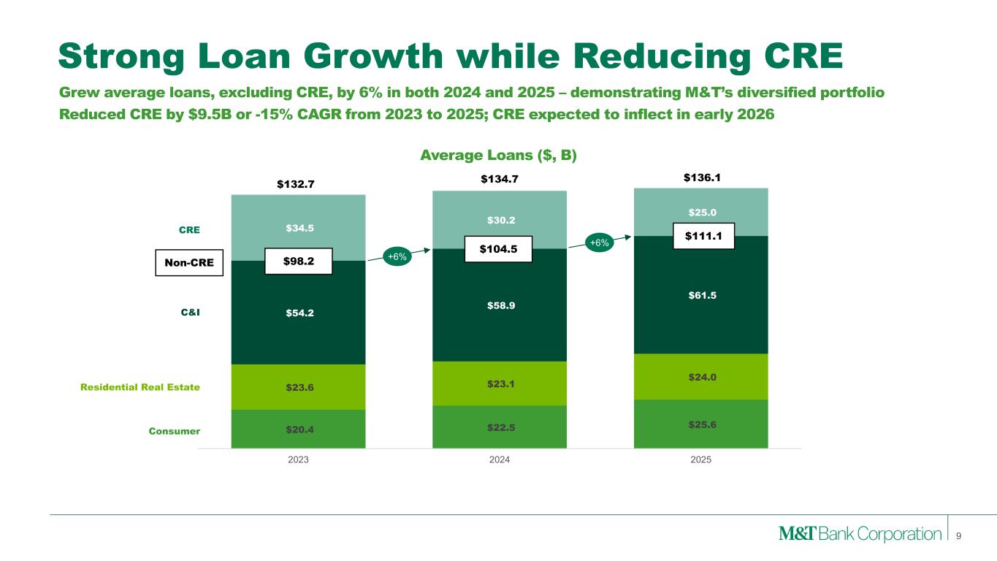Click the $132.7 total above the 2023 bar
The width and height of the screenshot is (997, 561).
pyautogui.click(x=296, y=184)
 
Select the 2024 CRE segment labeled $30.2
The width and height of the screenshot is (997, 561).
pyautogui.click(x=500, y=219)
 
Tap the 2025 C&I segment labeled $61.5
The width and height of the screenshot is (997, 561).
pyautogui.click(x=701, y=295)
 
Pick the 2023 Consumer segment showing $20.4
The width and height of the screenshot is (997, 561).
pyautogui.click(x=298, y=429)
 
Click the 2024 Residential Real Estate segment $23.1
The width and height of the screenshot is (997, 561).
pyautogui.click(x=500, y=383)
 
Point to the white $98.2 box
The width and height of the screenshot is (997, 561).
pyautogui.click(x=299, y=261)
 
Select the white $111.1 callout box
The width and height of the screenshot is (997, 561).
pyautogui.click(x=703, y=236)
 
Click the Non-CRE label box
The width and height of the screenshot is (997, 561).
pyautogui.click(x=189, y=263)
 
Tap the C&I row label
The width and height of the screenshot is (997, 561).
pyautogui.click(x=190, y=312)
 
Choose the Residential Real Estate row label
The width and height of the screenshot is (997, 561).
pyautogui.click(x=140, y=387)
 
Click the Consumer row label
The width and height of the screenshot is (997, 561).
pyautogui.click(x=175, y=431)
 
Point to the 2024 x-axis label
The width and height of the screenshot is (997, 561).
pyautogui.click(x=500, y=459)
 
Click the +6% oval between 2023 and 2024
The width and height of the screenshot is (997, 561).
pyautogui.click(x=397, y=256)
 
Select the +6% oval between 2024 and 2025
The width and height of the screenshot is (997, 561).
pyautogui.click(x=599, y=243)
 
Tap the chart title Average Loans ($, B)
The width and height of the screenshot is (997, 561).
pyautogui.click(x=498, y=155)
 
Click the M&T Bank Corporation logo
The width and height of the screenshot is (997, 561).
pyautogui.click(x=860, y=533)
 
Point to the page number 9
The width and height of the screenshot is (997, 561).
pyautogui.click(x=959, y=536)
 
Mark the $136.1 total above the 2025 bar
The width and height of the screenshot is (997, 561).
pyautogui.click(x=702, y=178)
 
